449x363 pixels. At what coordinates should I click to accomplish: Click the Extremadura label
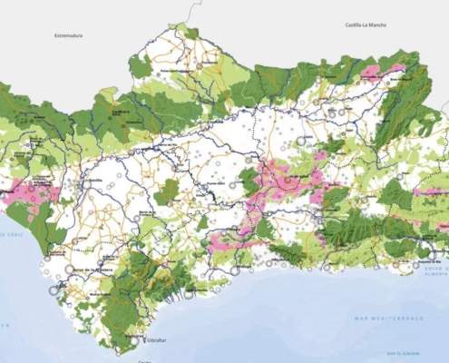[x=68, y=35]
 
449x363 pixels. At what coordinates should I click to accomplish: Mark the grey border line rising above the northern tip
[x=191, y=11]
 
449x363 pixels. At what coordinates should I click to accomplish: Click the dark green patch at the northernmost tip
[x=190, y=34]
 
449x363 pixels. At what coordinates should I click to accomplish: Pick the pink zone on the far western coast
[x=27, y=193]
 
